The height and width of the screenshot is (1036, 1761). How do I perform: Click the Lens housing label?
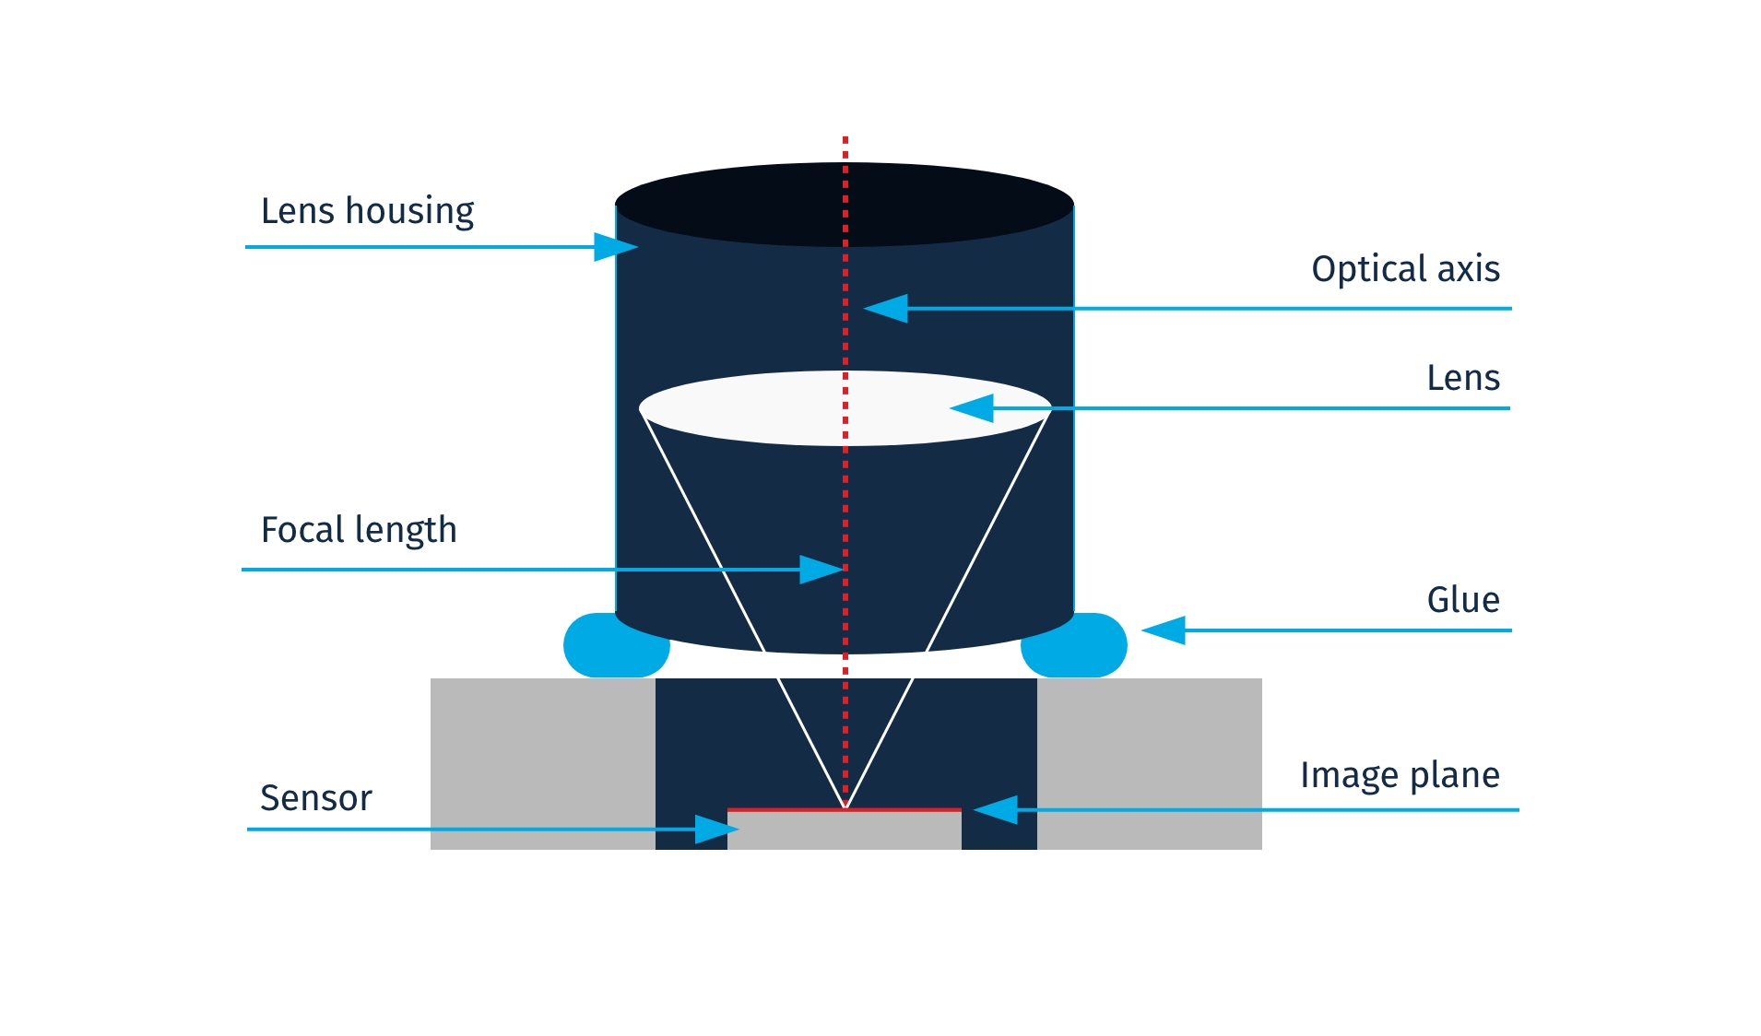point(367,211)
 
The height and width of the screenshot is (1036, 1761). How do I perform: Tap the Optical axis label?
point(1405,269)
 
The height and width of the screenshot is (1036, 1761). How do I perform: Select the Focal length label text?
point(359,530)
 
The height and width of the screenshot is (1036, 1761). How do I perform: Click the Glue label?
point(1463,600)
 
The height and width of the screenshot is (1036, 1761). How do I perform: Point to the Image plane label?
point(1400,775)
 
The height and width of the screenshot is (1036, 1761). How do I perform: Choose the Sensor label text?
point(316,798)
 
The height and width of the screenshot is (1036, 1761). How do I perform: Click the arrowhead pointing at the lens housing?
point(615,247)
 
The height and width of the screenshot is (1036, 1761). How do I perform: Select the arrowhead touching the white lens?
point(972,407)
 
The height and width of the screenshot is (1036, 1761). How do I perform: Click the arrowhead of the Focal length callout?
point(821,570)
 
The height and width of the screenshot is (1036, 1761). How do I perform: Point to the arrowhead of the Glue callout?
point(1164,630)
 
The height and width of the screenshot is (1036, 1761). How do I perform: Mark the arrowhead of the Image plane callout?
point(996,810)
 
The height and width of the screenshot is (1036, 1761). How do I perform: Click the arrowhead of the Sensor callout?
point(716,830)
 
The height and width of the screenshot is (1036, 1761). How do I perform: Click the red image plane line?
point(904,810)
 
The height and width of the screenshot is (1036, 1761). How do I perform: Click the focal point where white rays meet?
point(845,807)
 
